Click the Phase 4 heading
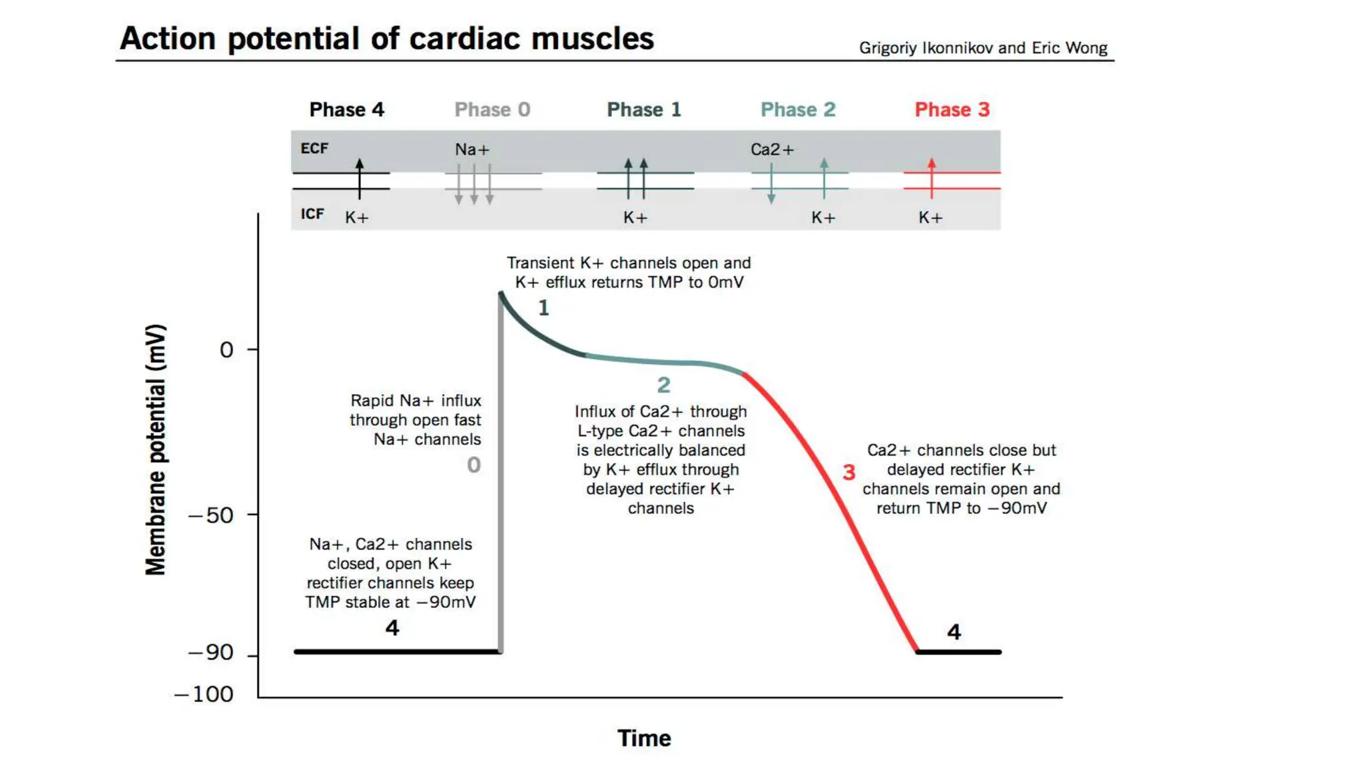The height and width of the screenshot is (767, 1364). coord(346,109)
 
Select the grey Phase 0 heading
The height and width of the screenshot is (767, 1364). coord(492,109)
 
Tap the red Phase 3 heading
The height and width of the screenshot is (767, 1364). coord(952,109)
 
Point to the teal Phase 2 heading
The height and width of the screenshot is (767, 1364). coord(798,109)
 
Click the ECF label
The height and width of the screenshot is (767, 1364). coord(314,148)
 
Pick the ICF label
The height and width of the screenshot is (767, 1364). coord(312,214)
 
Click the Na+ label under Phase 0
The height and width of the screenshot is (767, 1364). coord(472,150)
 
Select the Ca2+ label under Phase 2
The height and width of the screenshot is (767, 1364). coord(772,150)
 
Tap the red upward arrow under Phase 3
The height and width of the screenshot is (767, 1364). coord(931,177)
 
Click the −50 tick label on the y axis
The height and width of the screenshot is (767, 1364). coord(211,515)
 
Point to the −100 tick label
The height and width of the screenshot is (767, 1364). coord(204,694)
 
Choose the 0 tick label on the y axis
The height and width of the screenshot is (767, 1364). coord(226,350)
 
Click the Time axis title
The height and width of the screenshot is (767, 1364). coord(644,738)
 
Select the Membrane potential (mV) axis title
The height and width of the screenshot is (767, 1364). coord(155,450)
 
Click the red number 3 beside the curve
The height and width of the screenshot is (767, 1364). coord(849,473)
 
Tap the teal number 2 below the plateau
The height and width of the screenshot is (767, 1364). coord(663,385)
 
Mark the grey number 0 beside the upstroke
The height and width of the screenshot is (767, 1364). coord(474,465)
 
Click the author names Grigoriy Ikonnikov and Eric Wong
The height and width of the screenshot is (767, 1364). coord(982,48)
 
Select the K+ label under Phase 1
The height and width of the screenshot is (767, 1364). coord(635,218)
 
